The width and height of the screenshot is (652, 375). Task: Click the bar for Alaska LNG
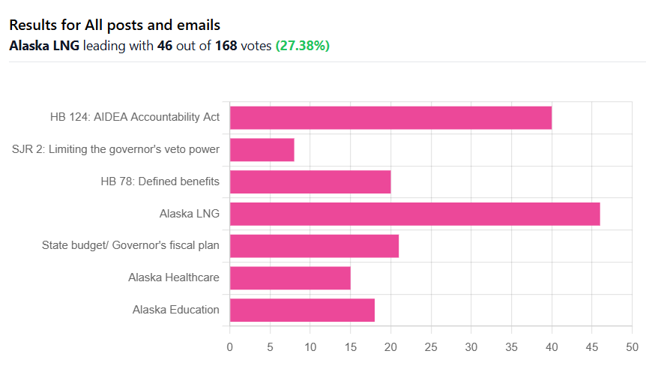(x=414, y=214)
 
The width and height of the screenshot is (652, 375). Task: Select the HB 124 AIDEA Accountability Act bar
(x=390, y=118)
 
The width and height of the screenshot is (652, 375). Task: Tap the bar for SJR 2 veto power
(x=262, y=150)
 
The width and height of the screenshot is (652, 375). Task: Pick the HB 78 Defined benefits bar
(x=310, y=182)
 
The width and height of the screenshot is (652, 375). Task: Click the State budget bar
(x=314, y=246)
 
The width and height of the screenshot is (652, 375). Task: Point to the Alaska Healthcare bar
(x=289, y=278)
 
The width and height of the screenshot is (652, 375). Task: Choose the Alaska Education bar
(x=301, y=310)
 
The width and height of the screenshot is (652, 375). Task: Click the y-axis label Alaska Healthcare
(x=173, y=277)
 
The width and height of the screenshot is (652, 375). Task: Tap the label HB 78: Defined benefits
(x=160, y=181)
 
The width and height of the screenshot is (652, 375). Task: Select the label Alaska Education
(x=175, y=310)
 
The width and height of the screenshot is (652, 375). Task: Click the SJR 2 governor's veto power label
(x=115, y=149)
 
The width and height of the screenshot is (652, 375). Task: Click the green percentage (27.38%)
(x=303, y=46)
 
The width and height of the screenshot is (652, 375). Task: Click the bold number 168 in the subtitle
(x=226, y=46)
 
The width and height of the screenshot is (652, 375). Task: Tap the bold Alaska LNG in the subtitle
(x=44, y=46)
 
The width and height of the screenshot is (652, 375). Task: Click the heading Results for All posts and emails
(x=115, y=26)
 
